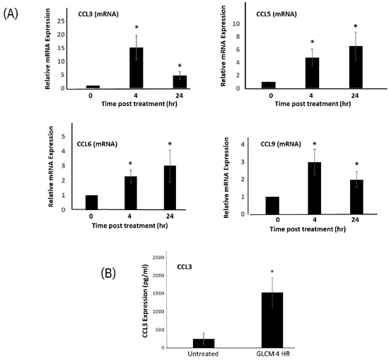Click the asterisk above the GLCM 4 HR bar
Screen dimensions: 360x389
(272, 271)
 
